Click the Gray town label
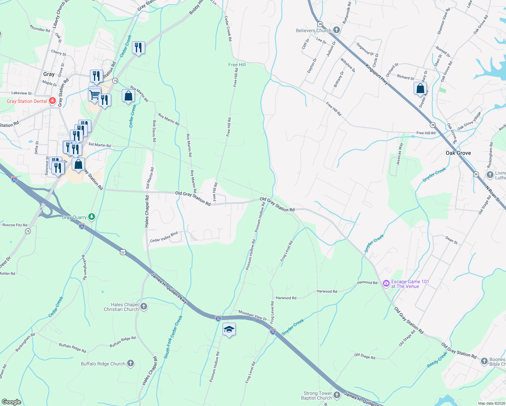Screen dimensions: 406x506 pos(49,74)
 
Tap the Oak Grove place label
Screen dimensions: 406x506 pos(458,153)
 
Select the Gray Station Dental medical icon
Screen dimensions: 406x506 pos(52,101)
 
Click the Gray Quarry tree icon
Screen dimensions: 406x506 pos(91,217)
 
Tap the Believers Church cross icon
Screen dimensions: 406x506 pos(336,30)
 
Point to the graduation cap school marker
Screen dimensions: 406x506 pos(229,329)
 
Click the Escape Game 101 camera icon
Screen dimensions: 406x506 pos(386,284)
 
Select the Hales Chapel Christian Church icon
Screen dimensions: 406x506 pos(144,307)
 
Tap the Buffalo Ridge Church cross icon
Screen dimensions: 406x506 pos(131,364)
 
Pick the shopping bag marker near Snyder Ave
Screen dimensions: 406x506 pos(420,89)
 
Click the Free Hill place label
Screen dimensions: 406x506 pos(237,65)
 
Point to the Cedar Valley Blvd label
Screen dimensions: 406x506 pos(164,237)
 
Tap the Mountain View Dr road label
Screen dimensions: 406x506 pos(252,315)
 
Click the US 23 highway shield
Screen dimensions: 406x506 pos(122,252)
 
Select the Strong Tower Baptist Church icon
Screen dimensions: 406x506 pos(337,395)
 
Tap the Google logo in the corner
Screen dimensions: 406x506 pos(11,402)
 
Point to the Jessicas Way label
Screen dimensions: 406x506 pos(400,154)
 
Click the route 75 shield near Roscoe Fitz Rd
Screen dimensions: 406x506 pos(28,231)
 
